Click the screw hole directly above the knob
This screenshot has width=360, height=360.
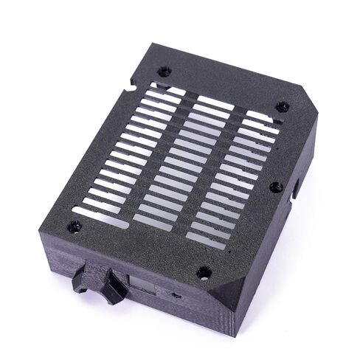tap(75, 227)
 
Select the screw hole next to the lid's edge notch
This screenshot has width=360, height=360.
tap(165, 72)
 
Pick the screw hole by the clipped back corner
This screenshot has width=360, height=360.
tap(283, 107)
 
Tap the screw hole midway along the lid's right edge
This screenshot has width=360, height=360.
tap(275, 187)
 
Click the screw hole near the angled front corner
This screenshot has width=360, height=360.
tap(204, 273)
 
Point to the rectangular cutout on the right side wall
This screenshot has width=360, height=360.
tap(296, 189)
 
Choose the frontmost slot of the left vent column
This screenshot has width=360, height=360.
tap(100, 217)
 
